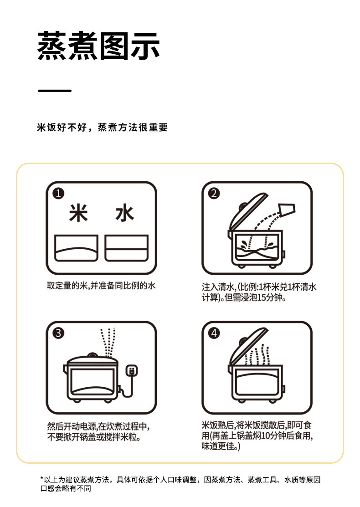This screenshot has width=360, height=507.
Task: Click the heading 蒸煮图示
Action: (98, 46)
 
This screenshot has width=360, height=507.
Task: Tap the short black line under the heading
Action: (55, 91)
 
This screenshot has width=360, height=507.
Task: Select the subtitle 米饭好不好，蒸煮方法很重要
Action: (102, 128)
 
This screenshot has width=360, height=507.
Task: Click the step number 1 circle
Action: (58, 193)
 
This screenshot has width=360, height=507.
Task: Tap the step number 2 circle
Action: (214, 193)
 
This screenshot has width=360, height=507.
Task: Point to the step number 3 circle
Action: (58, 333)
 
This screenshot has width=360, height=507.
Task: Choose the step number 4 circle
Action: (214, 333)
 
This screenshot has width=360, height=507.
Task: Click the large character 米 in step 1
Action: (78, 213)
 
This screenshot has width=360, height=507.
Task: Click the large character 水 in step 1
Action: (124, 213)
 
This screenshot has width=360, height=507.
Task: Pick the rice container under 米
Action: (77, 248)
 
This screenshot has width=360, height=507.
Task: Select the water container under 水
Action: (127, 248)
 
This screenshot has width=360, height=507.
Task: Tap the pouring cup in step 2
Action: (287, 210)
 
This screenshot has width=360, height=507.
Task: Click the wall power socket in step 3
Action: (132, 370)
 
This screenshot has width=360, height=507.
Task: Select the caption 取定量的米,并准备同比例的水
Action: (101, 286)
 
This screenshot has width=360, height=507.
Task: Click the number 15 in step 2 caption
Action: (262, 297)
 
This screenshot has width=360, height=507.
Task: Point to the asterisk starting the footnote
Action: (42, 478)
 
